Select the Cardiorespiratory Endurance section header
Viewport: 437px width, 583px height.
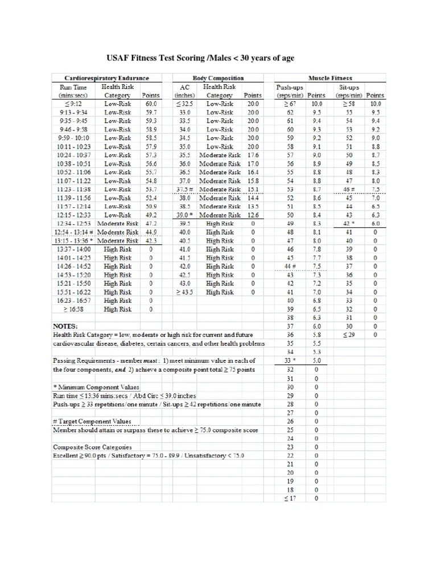101,78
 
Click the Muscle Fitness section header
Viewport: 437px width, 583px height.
330,78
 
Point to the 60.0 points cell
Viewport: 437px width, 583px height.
150,104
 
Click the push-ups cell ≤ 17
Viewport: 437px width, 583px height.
290,499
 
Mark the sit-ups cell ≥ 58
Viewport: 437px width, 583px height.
349,104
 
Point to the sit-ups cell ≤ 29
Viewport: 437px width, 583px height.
349,335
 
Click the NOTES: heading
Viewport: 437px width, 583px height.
65,326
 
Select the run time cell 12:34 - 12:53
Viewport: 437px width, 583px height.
74,224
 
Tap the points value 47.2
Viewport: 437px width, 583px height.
150,224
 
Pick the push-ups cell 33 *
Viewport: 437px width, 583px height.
291,360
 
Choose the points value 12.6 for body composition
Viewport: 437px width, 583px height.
253,215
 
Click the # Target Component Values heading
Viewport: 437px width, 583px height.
92,421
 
